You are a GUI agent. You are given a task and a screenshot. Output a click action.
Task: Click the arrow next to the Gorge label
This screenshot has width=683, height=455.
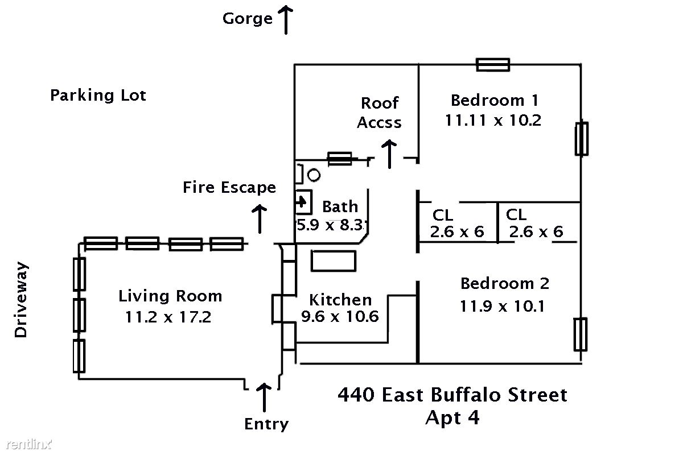point(285,20)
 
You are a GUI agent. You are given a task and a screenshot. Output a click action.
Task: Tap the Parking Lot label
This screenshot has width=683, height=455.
point(98,95)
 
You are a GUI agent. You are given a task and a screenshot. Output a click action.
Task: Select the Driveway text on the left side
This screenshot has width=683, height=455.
point(21,299)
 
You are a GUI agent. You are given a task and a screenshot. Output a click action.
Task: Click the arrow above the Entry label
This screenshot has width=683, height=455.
point(264,397)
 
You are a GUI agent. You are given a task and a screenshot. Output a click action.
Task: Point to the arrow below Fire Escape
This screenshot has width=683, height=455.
point(260,219)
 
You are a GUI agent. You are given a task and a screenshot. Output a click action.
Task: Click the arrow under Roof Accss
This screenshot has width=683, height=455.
point(389,154)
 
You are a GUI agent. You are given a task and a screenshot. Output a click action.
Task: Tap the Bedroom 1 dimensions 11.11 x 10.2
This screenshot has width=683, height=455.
point(493,121)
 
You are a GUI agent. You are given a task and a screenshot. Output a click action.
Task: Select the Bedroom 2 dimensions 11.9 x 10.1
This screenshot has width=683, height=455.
point(503,307)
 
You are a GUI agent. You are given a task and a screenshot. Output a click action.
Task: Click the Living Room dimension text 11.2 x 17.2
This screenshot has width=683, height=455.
point(168,316)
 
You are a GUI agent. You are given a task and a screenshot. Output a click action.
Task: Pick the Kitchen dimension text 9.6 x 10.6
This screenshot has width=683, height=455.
point(340,316)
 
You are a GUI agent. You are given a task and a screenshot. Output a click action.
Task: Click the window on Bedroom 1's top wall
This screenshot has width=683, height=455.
point(493,65)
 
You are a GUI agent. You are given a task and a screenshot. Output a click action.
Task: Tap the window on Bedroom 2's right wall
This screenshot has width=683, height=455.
point(581,334)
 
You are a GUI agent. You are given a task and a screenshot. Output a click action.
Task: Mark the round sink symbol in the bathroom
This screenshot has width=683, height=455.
point(314,175)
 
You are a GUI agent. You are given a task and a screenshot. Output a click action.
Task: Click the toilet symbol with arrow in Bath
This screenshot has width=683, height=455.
point(303,201)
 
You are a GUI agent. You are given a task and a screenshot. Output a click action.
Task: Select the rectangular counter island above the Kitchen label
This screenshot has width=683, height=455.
point(334,260)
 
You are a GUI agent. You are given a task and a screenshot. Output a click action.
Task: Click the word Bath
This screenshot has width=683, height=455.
point(340,206)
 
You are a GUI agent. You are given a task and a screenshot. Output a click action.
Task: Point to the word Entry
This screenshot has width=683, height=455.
point(266,424)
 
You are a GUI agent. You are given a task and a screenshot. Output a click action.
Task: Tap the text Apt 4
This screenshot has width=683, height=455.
point(452,418)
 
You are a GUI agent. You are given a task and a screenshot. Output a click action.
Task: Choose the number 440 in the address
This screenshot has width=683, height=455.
point(356,394)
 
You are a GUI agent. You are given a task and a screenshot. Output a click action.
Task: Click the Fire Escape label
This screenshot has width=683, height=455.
point(229,187)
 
